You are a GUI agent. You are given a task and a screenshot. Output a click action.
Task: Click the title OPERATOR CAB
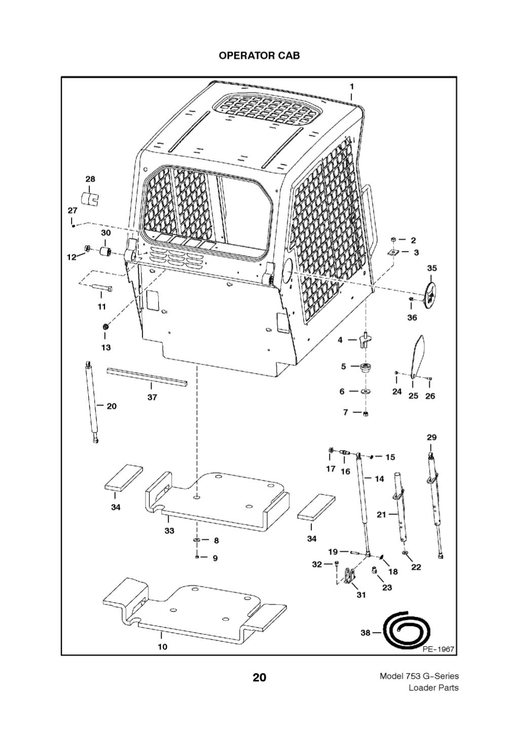coord(259,55)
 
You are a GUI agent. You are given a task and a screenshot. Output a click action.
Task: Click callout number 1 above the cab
coord(352,87)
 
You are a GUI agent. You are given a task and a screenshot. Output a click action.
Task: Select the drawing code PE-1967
coord(438,649)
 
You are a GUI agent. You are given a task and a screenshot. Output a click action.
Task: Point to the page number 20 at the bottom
coord(259,677)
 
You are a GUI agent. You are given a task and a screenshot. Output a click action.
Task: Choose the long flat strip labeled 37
coord(146,378)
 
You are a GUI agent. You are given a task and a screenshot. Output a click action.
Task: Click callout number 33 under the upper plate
coord(169,530)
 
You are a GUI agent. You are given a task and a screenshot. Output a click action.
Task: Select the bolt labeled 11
coord(102,289)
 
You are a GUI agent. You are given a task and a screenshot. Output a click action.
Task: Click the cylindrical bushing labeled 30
coord(105,252)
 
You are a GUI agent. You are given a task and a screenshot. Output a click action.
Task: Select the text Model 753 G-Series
coord(419,676)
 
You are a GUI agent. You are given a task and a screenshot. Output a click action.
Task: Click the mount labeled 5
coord(364,366)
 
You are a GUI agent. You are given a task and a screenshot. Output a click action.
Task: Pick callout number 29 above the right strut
coord(431,437)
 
